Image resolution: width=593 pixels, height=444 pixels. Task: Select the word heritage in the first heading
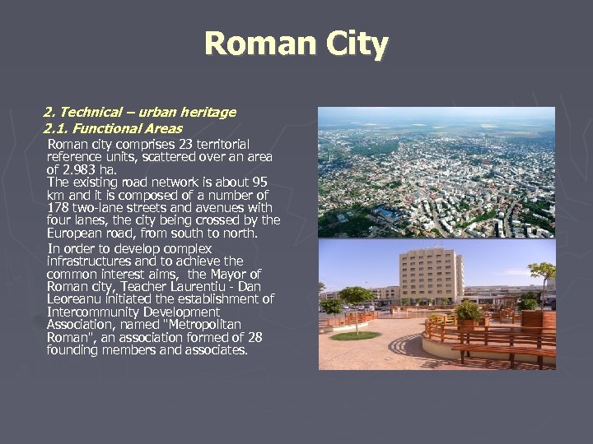(209, 112)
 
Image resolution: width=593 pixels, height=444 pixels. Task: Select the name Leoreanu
(74, 299)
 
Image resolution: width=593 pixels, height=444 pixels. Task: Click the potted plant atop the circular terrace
(468, 312)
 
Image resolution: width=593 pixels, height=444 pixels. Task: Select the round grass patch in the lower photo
(355, 335)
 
